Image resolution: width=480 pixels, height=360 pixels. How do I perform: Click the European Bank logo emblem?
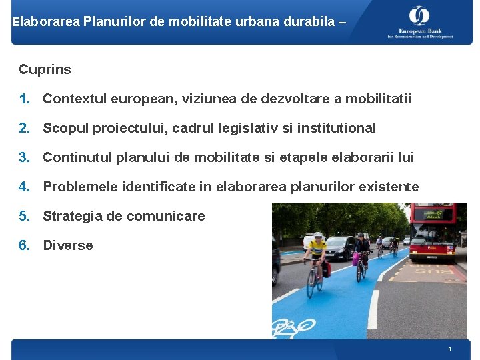click(x=419, y=15)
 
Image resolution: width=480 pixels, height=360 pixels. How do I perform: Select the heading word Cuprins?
click(x=45, y=69)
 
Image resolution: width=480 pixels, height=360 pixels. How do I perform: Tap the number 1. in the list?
click(x=25, y=99)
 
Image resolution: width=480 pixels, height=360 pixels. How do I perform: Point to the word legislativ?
click(x=251, y=128)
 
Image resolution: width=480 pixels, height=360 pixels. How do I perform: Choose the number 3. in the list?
click(x=25, y=158)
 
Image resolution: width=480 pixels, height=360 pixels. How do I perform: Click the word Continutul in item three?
click(x=77, y=158)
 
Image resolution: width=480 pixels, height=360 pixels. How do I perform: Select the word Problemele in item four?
click(x=79, y=187)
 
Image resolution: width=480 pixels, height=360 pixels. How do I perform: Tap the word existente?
click(x=389, y=187)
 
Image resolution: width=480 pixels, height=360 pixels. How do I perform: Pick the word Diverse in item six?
click(x=68, y=245)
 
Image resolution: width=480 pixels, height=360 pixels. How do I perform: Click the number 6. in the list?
click(x=25, y=245)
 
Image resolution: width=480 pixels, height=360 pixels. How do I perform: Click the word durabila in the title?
click(x=306, y=22)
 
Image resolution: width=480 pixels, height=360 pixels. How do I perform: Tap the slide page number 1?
click(x=450, y=350)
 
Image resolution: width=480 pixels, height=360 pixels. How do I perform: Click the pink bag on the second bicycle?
click(x=356, y=259)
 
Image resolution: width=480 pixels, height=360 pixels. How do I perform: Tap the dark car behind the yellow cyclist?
click(x=339, y=248)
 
